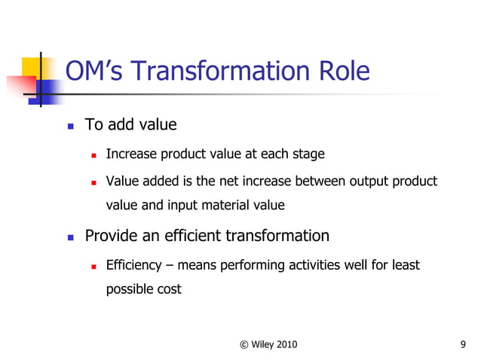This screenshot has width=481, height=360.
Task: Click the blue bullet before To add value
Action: click(70, 125)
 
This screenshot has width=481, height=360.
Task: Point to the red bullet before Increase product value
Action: click(93, 155)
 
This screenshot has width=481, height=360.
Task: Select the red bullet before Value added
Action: click(93, 182)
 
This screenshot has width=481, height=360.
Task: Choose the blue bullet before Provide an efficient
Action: click(70, 237)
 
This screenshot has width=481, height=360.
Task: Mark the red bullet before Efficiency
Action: click(93, 267)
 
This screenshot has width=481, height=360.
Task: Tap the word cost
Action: click(169, 288)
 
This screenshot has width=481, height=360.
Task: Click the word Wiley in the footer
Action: click(265, 345)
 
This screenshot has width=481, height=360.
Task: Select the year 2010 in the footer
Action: click(289, 345)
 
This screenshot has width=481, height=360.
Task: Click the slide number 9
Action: click(462, 345)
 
